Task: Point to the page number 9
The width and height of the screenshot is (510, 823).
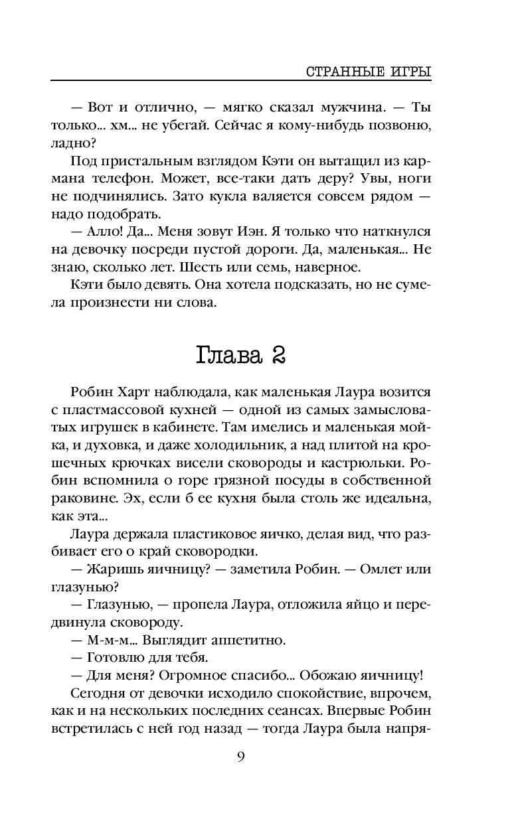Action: (242, 757)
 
